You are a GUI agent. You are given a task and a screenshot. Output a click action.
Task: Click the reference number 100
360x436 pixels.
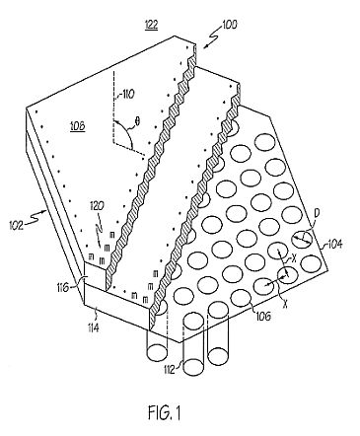pos(229,25)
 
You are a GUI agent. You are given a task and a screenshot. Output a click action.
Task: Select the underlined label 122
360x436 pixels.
pos(151,25)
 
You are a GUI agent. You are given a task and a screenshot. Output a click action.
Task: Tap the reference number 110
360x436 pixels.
pos(125,95)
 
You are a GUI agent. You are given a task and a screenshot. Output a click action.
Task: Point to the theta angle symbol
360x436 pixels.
pos(137,121)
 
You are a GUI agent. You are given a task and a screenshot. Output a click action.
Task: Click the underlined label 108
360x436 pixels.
pos(78,126)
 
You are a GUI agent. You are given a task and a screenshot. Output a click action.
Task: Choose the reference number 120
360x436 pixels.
pos(98,206)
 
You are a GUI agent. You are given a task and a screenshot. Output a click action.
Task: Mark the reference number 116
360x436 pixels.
pos(62,288)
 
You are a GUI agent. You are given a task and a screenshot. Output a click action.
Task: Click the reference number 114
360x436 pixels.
pos(94,327)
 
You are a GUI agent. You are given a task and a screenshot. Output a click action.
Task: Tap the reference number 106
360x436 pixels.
pos(264,316)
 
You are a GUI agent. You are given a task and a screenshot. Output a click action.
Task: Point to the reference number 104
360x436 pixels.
pos(335,245)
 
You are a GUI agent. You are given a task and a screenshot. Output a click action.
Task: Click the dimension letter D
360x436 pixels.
pos(318,213)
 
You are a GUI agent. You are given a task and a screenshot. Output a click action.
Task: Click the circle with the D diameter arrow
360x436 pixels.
pos(302,239)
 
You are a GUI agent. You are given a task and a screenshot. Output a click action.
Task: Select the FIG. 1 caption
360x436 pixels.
pos(165,412)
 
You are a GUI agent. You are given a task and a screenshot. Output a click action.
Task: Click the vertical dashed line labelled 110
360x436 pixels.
pos(112,108)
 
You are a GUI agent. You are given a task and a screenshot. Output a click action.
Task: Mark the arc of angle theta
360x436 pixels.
pos(124,131)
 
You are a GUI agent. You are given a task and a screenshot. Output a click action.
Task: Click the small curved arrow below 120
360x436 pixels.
pos(100,219)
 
